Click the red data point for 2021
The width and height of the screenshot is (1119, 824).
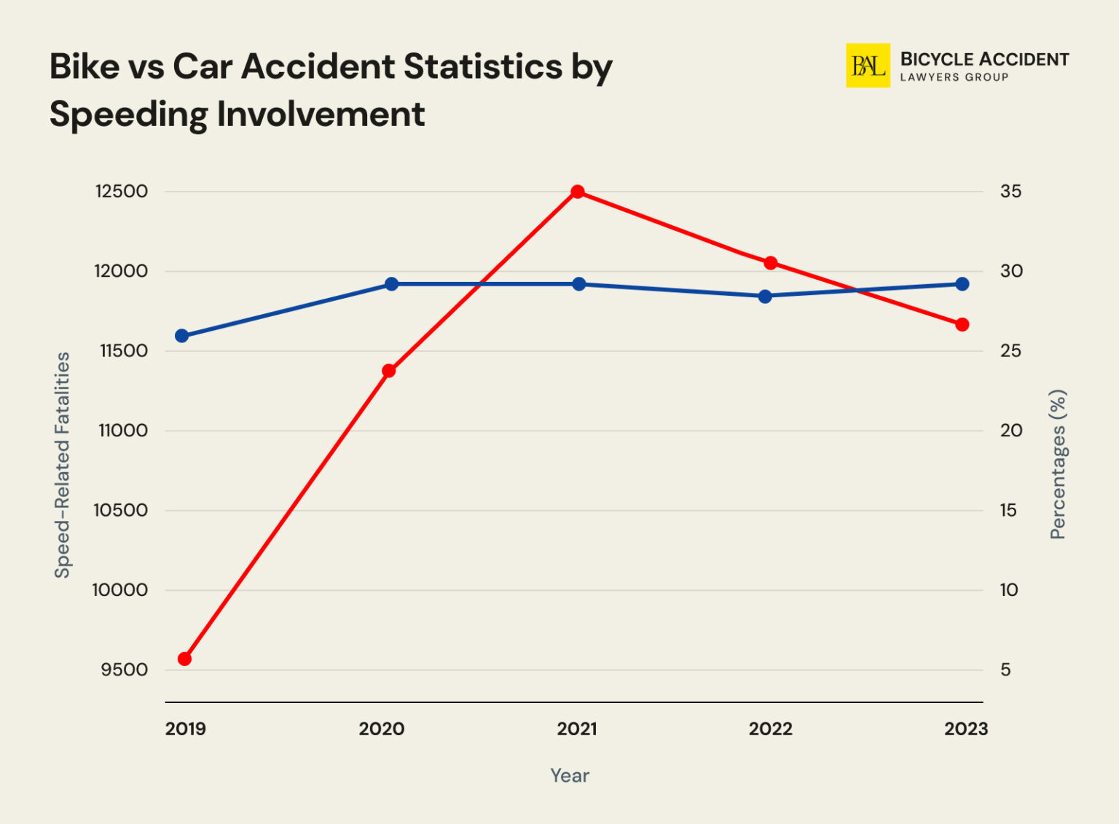(578, 192)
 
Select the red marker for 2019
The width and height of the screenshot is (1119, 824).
(184, 659)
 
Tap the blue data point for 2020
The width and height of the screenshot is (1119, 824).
(391, 283)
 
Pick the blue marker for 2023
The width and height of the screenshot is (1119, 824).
(962, 283)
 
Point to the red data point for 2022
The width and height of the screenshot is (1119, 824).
(770, 262)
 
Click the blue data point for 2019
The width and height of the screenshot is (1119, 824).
(182, 336)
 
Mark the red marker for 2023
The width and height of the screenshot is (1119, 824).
(962, 324)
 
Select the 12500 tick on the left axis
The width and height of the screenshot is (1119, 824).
(122, 192)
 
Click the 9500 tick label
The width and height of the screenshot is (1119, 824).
(125, 670)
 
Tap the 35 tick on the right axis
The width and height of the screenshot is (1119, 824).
(1010, 192)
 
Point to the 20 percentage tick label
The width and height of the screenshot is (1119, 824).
(1010, 431)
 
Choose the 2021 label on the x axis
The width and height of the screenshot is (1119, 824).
(577, 729)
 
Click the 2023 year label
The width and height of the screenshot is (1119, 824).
(965, 729)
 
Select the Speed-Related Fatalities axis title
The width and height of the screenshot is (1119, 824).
(63, 465)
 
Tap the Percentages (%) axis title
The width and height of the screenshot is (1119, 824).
(1058, 465)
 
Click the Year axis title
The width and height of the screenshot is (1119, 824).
(570, 775)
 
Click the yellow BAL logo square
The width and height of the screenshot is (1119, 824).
(868, 66)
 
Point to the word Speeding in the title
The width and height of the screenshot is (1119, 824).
(128, 114)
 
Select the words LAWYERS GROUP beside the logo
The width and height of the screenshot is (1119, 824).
(954, 77)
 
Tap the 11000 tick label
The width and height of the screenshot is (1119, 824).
(123, 431)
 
